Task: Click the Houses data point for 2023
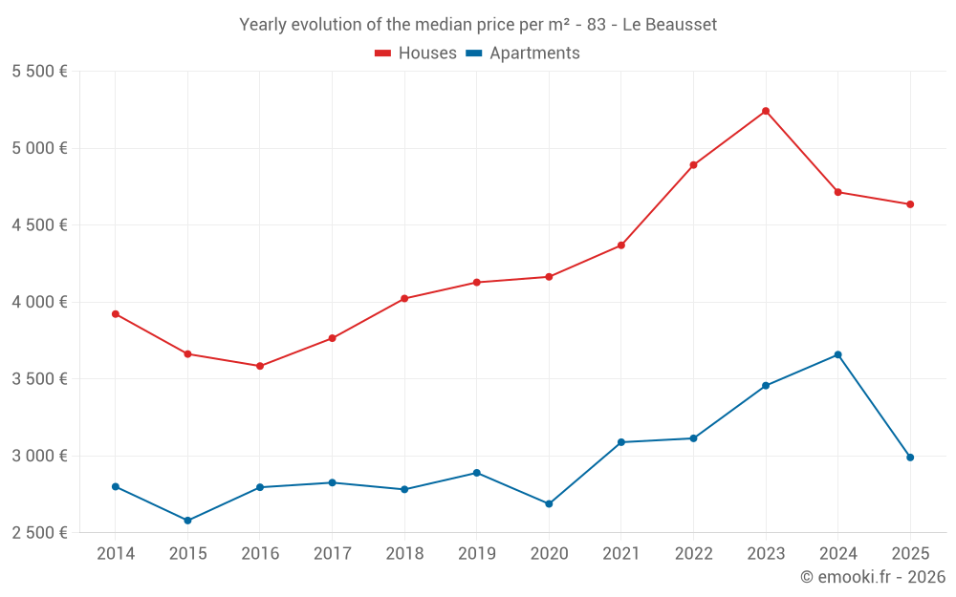pos(766,111)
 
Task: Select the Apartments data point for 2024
pos(837,354)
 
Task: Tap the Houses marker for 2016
pos(260,366)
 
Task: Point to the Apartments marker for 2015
pos(187,521)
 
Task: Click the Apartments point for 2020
pos(549,503)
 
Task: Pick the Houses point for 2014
pos(116,313)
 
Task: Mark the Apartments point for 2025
pos(910,458)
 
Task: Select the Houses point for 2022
pos(693,165)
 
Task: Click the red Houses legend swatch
pos(383,53)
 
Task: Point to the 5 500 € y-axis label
pos(39,72)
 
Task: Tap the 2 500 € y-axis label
pos(39,533)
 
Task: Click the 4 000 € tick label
pos(39,302)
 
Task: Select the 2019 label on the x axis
pos(476,554)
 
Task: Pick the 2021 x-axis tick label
pos(620,554)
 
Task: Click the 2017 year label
pos(332,554)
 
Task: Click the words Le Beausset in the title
pos(669,25)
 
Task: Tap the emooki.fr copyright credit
pos(872,577)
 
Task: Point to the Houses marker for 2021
pos(620,245)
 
